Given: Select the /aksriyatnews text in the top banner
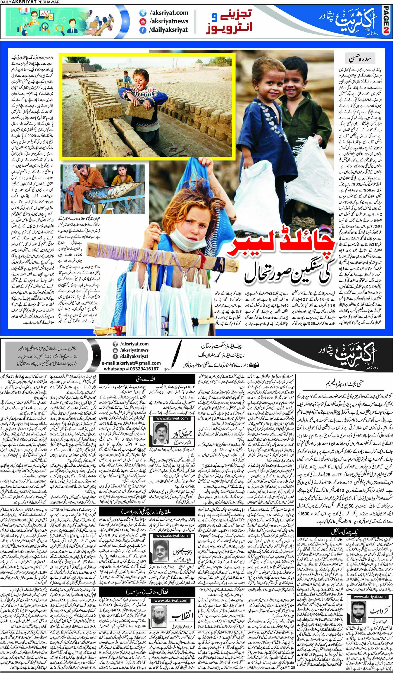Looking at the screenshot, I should [x=168, y=21].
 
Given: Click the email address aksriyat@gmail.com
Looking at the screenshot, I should [x=131, y=363].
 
